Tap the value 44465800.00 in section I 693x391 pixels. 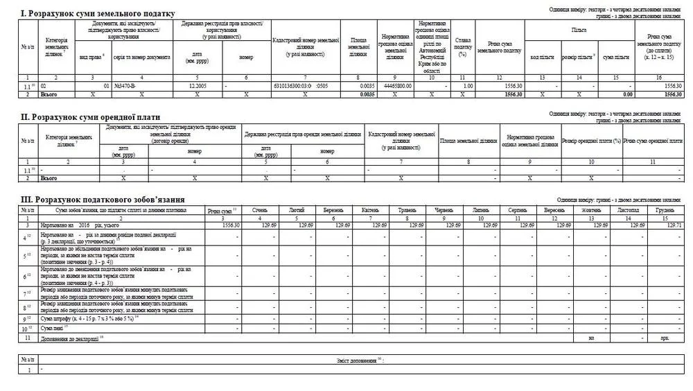click(398, 85)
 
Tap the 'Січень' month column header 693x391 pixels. click(261, 210)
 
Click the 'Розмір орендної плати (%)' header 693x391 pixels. click(591, 141)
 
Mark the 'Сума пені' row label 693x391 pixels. click(52, 327)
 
